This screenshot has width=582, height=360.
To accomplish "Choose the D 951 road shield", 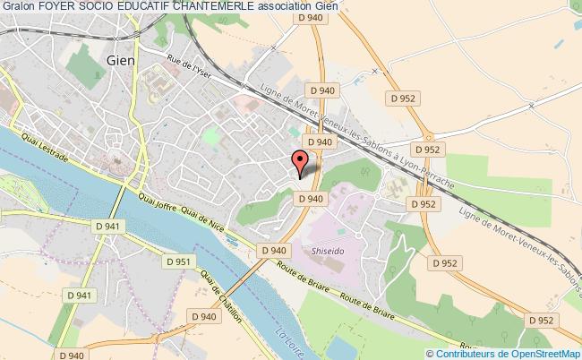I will click(x=181, y=261).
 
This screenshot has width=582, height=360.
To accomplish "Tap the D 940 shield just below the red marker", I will click(x=309, y=198).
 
